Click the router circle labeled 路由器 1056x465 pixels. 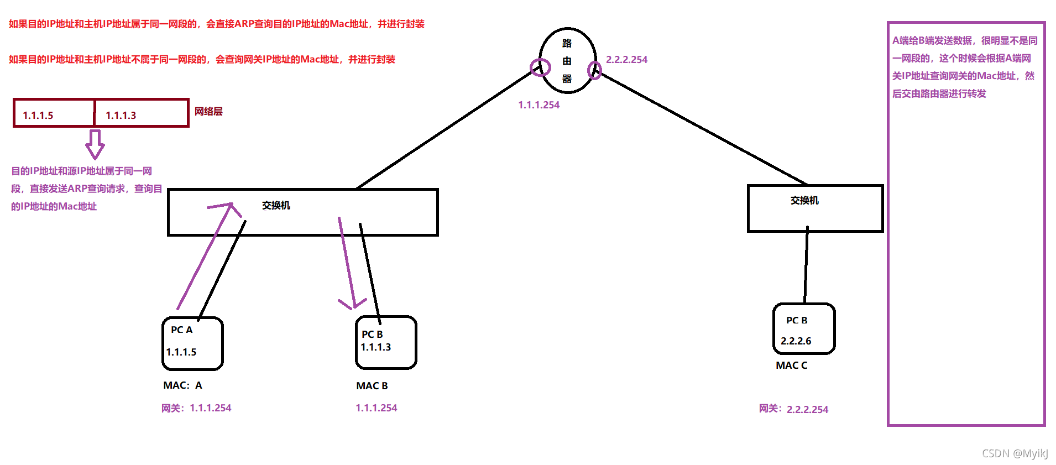(567, 60)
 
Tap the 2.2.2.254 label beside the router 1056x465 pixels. (626, 60)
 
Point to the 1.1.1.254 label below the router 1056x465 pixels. (539, 105)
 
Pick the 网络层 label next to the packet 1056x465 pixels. (208, 112)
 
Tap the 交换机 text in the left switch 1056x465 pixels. (276, 206)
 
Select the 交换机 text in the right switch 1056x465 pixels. (804, 201)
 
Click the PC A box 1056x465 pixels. (192, 343)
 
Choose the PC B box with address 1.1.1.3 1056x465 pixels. (386, 342)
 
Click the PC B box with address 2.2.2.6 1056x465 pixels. (804, 329)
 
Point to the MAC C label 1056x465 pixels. (791, 365)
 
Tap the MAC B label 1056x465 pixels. (372, 386)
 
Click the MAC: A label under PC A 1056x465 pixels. (182, 385)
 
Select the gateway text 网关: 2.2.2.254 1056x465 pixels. (793, 409)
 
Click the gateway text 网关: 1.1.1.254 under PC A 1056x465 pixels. (196, 408)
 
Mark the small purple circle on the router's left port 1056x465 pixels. (540, 67)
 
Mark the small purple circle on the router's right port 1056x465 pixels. (594, 70)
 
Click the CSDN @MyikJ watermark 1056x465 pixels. (1015, 453)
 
